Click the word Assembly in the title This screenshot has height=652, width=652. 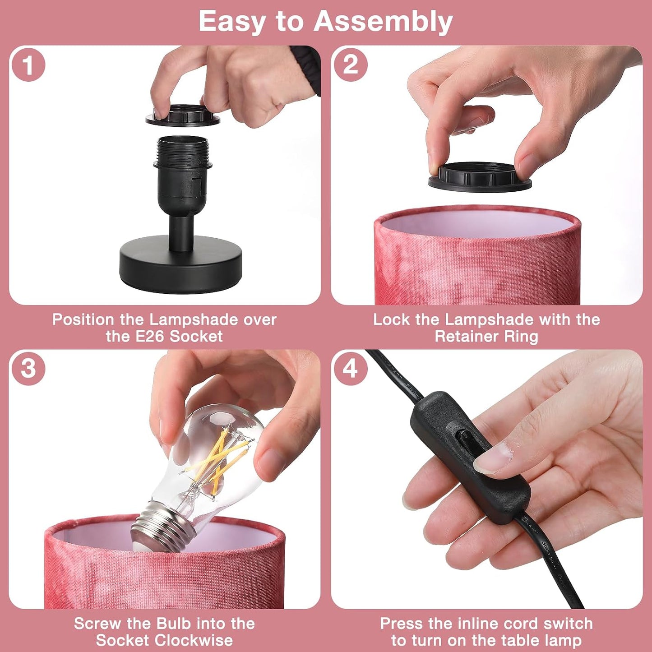[x=384, y=22]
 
